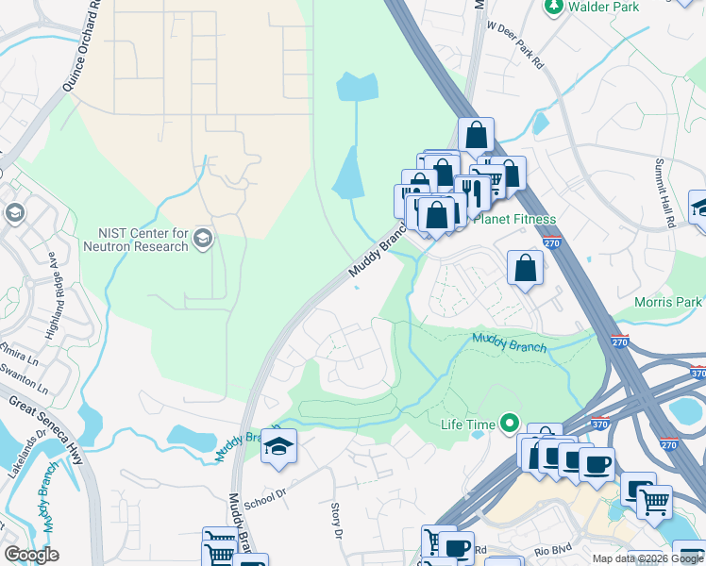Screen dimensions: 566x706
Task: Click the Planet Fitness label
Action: tap(514, 219)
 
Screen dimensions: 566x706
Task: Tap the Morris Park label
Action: tap(668, 302)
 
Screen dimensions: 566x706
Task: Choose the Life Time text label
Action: tap(467, 424)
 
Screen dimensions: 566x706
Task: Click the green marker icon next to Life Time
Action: tap(511, 424)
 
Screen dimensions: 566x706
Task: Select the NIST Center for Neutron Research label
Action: tap(143, 240)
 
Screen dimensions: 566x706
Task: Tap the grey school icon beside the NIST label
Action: tap(203, 240)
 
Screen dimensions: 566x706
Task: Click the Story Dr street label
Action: tap(336, 520)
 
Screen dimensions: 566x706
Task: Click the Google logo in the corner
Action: tap(32, 554)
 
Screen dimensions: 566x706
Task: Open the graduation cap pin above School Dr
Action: tap(278, 447)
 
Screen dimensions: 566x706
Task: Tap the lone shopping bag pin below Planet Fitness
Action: tap(525, 268)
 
